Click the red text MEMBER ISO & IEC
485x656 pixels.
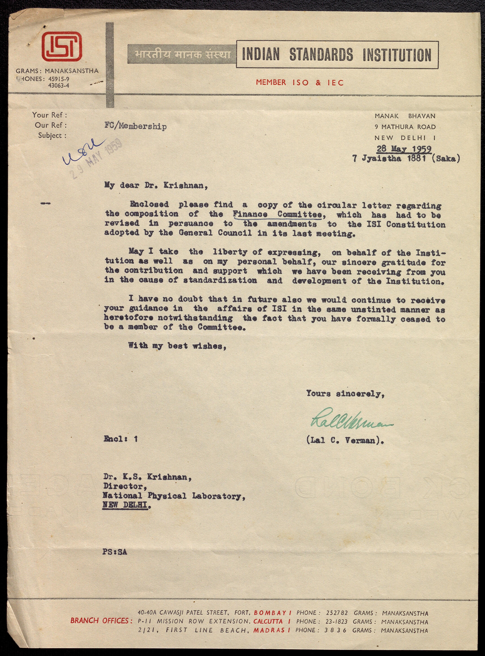[300, 82]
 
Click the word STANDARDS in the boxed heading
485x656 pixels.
[321, 55]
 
